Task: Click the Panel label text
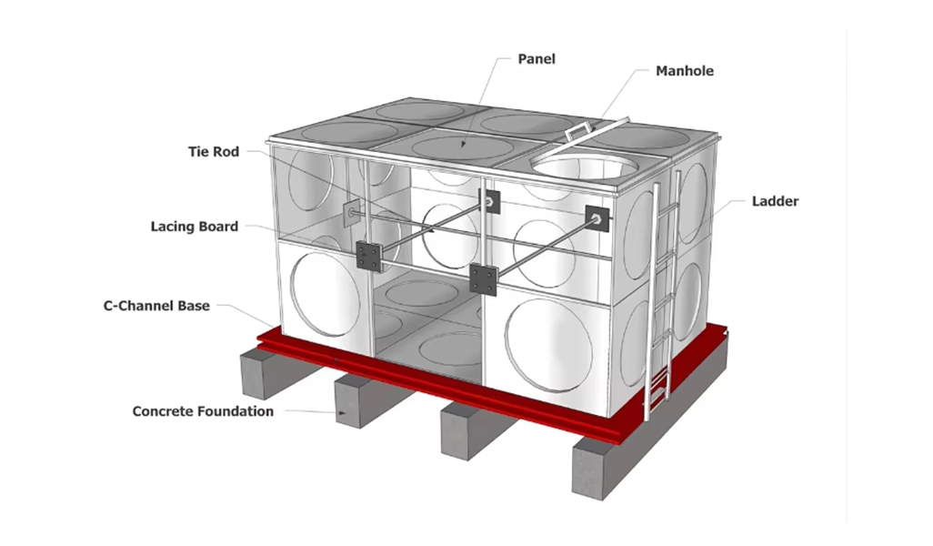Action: click(x=537, y=59)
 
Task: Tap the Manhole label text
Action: click(x=685, y=70)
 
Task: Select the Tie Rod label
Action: click(x=214, y=152)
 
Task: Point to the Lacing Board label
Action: click(x=195, y=227)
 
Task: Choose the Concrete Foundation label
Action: click(x=203, y=411)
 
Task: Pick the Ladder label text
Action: click(x=775, y=201)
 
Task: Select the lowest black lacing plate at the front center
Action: click(x=482, y=278)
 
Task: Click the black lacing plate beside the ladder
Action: click(x=597, y=217)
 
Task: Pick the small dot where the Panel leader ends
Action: click(x=463, y=144)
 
